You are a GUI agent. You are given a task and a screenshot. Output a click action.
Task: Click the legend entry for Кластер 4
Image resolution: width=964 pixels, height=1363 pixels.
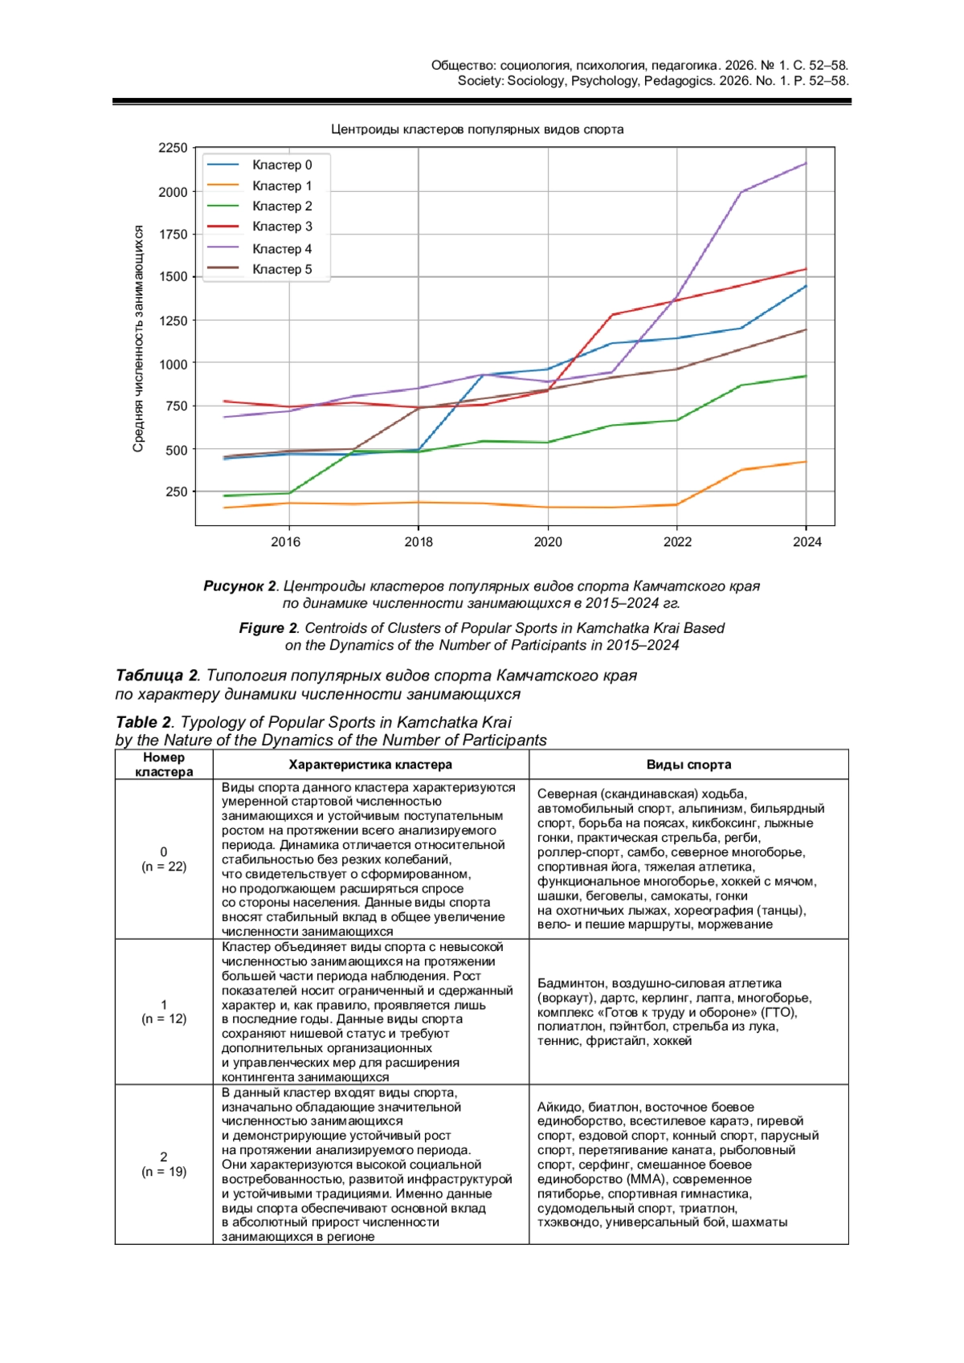tap(281, 249)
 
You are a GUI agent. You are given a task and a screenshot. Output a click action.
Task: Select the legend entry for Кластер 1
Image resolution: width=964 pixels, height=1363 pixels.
tap(281, 186)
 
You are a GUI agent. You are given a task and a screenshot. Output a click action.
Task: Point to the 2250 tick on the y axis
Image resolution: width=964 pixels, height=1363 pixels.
tap(173, 148)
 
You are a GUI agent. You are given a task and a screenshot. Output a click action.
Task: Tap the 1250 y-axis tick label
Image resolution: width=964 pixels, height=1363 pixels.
tap(173, 320)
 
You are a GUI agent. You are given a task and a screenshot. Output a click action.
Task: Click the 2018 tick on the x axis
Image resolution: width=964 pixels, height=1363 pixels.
tap(419, 542)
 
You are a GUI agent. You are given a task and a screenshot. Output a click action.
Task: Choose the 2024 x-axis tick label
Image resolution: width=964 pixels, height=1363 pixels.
tap(807, 542)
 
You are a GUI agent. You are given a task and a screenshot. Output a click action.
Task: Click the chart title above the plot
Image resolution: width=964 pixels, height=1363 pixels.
tap(477, 129)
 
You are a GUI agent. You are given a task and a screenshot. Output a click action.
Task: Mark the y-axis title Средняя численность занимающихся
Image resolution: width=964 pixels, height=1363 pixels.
tap(138, 338)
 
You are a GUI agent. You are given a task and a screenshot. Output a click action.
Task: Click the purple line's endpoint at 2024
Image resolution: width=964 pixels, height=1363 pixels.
tap(806, 164)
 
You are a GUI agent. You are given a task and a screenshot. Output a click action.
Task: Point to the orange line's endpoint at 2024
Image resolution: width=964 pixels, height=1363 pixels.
tap(806, 462)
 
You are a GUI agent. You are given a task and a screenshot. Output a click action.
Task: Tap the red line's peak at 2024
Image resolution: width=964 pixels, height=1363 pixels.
tap(806, 269)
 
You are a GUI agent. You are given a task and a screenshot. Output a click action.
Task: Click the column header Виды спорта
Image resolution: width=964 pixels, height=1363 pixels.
tap(688, 765)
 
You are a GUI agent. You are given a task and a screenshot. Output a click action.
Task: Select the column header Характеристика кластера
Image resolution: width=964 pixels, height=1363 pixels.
tap(370, 765)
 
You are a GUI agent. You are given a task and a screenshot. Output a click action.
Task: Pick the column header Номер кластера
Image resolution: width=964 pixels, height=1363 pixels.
tap(164, 765)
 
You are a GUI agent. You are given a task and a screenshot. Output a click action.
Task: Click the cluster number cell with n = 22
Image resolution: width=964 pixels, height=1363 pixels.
tap(164, 859)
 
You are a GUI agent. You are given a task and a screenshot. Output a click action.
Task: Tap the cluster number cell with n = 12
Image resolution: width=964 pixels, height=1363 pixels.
tap(164, 1011)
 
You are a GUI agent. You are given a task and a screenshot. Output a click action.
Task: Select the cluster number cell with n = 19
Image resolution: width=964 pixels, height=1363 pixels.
tap(164, 1164)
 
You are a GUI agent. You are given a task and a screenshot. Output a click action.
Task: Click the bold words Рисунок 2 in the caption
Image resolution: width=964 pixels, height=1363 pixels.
tap(239, 586)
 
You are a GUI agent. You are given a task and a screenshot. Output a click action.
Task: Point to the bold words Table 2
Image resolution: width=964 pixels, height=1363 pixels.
tap(143, 722)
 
